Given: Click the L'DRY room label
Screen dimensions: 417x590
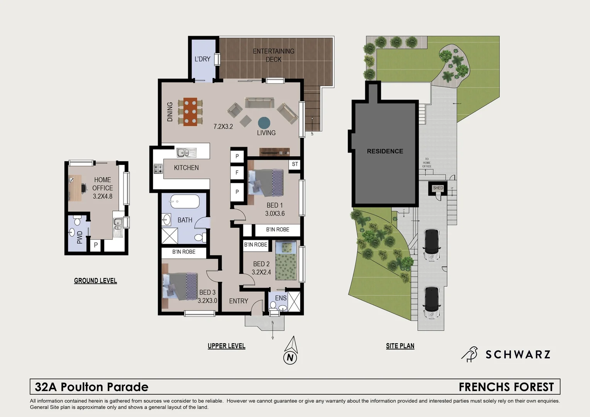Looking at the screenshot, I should click(x=202, y=59).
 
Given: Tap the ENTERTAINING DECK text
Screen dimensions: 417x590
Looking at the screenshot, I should click(x=273, y=55).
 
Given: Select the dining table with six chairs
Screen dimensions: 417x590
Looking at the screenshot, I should click(x=190, y=112).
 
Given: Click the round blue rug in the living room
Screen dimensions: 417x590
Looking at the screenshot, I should click(x=264, y=123).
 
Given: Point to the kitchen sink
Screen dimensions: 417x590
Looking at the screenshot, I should click(x=186, y=153).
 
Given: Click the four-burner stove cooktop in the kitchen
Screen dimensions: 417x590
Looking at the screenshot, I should click(x=158, y=169).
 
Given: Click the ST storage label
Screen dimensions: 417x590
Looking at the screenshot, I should click(x=295, y=164).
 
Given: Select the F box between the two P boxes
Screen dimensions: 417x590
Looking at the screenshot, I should click(x=237, y=173).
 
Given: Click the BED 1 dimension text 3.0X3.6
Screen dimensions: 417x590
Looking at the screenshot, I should click(x=275, y=214).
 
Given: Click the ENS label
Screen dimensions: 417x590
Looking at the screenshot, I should click(x=281, y=298).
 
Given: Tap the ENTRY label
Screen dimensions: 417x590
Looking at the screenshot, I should click(x=239, y=301).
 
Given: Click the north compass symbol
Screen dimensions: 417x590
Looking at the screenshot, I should click(x=290, y=351).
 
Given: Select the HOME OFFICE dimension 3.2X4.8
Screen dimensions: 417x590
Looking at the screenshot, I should click(x=102, y=196).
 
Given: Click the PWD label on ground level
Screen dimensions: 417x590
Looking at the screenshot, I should click(x=80, y=237).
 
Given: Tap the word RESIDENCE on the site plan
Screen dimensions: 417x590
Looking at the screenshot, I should click(x=385, y=151).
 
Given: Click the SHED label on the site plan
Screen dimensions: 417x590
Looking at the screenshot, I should click(x=438, y=188).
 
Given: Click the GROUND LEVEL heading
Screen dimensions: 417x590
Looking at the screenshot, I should click(x=95, y=281).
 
